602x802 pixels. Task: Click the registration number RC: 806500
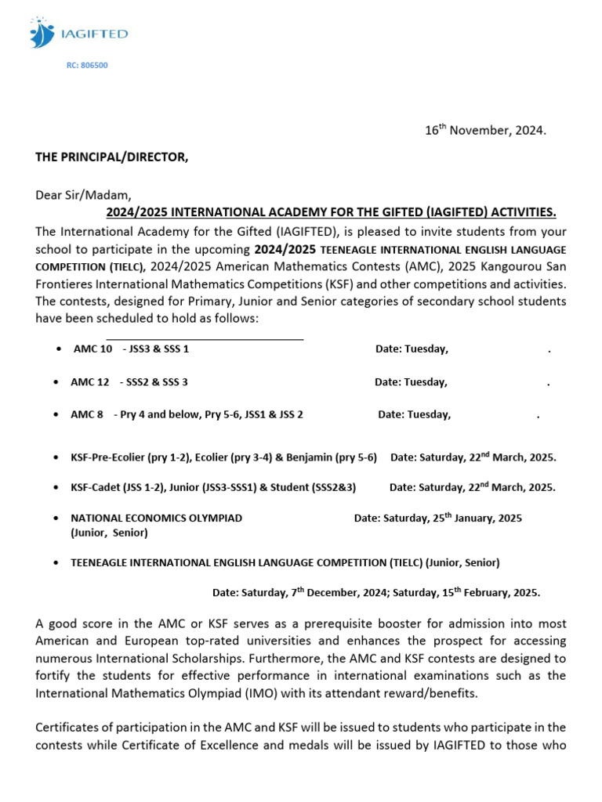coord(87,66)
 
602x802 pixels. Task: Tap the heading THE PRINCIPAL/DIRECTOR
coord(112,157)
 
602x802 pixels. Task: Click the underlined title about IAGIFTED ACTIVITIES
coord(331,212)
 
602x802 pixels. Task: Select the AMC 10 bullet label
coord(93,349)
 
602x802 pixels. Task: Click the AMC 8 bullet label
coord(87,415)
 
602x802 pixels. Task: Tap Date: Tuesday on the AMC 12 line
coord(411,382)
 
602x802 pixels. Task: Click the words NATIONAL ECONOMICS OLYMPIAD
coord(157,518)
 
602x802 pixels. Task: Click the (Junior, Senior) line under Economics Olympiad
coord(109,533)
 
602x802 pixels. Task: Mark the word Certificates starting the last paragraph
coord(67,728)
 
